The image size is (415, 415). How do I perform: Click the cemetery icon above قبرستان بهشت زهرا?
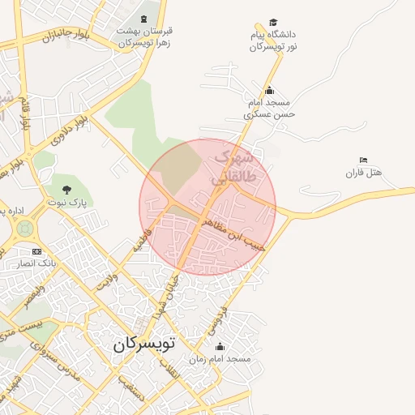[x=144, y=19]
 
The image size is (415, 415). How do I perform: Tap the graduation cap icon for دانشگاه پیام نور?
[x=273, y=23]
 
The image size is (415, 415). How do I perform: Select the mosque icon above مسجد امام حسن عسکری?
[x=269, y=91]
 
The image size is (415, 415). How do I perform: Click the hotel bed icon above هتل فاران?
[x=362, y=160]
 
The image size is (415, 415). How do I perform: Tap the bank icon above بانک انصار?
[x=36, y=252]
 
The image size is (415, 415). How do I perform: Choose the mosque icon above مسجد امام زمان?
[x=220, y=346]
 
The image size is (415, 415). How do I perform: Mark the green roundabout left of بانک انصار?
[x=24, y=229]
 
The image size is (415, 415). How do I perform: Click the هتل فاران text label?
[x=362, y=173]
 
